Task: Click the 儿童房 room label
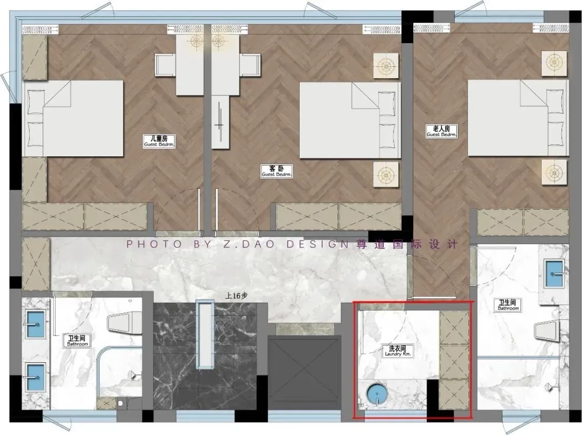point(159,141)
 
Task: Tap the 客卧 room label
point(277,171)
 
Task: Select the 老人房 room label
point(441,132)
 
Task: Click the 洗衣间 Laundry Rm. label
point(398,351)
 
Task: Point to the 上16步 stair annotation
point(236,296)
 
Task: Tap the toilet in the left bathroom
point(124,323)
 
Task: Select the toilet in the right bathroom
point(547,331)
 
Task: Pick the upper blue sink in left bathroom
point(36,324)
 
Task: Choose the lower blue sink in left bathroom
point(36,377)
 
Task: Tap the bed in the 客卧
point(350,120)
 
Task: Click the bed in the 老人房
point(518,118)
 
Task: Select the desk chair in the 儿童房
point(165,65)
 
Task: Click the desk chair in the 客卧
point(250,65)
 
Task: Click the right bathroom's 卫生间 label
point(508,305)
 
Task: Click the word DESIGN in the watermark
point(317,244)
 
